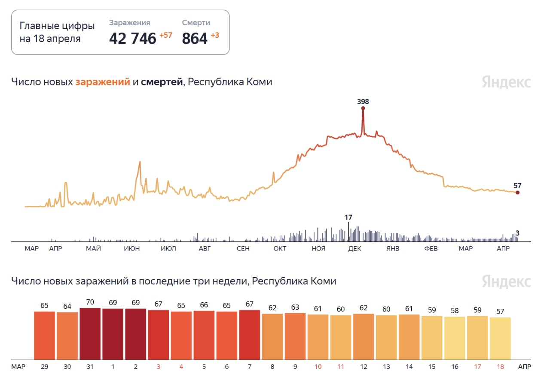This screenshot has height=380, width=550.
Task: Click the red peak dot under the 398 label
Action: [x=363, y=109]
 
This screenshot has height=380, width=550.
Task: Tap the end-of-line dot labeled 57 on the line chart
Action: [x=517, y=193]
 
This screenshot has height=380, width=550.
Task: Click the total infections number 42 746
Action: [x=132, y=38]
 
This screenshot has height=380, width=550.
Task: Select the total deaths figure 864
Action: [x=195, y=38]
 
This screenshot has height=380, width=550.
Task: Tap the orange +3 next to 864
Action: [x=215, y=35]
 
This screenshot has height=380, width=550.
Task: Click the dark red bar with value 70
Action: [x=90, y=334]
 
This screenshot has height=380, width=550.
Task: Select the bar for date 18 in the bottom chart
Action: [x=500, y=338]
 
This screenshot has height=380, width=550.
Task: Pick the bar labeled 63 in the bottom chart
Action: [x=295, y=336]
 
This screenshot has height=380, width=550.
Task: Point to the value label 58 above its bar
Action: [x=455, y=310]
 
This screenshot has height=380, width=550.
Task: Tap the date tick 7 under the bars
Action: [x=250, y=367]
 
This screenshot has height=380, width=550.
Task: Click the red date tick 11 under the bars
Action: [x=341, y=367]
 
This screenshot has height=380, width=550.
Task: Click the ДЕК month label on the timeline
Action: [x=354, y=249]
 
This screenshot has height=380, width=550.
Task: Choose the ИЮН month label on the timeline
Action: [x=131, y=249]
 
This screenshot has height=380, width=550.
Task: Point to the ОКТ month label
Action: [x=280, y=249]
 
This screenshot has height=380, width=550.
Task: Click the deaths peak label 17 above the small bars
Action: [x=348, y=217]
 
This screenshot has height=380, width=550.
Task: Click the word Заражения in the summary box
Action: [x=129, y=23]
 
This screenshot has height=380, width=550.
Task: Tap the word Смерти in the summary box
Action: [x=196, y=23]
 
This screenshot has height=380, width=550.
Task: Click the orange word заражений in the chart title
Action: [x=103, y=81]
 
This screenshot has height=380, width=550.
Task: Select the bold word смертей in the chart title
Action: [x=162, y=81]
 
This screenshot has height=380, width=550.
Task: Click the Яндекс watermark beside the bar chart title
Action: [x=506, y=282]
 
